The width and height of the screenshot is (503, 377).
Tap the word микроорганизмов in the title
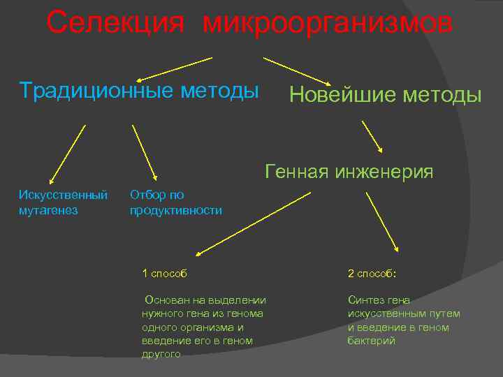click(328, 23)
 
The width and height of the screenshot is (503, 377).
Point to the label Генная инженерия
click(349, 171)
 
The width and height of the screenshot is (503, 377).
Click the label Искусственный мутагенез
click(63, 202)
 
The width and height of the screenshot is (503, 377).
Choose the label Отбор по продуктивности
click(176, 202)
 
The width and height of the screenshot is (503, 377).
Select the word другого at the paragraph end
click(161, 354)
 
